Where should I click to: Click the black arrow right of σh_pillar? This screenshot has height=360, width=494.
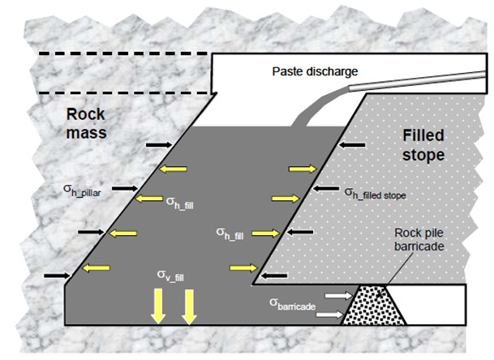[123, 188]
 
